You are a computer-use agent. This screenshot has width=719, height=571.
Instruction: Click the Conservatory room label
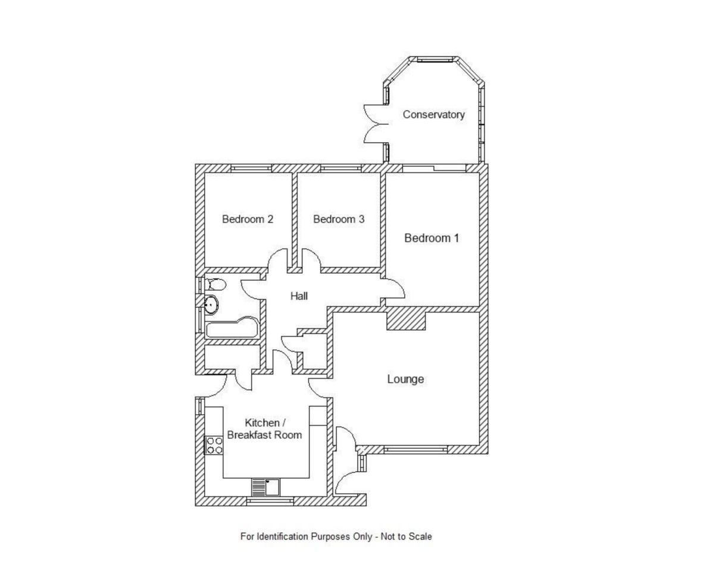point(433,115)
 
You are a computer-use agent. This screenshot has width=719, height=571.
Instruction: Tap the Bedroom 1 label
point(432,239)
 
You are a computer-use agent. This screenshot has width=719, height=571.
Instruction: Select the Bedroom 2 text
point(248,219)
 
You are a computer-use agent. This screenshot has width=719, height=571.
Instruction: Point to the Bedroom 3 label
point(339,219)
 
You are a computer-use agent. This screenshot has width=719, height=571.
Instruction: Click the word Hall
point(299,296)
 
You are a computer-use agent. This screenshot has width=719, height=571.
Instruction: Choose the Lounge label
point(405,379)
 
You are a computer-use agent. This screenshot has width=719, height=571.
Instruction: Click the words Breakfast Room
point(264,435)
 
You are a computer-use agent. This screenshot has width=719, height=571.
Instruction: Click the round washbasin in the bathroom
point(211,305)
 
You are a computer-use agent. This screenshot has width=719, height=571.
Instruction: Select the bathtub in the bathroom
point(232,328)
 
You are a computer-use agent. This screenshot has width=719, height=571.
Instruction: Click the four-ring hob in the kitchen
point(214,445)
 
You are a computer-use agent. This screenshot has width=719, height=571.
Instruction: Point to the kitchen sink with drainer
point(265,487)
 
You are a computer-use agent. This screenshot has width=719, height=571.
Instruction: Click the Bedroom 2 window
point(251,168)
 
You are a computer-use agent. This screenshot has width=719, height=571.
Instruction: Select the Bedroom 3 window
point(340,168)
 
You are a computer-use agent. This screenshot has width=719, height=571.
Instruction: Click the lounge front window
point(415,450)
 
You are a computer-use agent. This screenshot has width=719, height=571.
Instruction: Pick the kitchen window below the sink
point(270,501)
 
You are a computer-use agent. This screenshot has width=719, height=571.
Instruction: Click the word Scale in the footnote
point(420,537)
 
